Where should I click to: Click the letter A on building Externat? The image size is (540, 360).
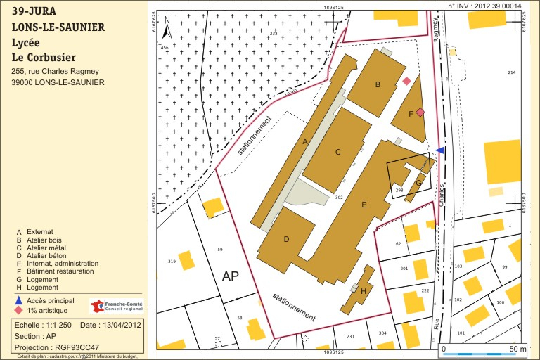pyautogui.click(x=305, y=141)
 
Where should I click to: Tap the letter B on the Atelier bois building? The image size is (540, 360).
pyautogui.click(x=378, y=85)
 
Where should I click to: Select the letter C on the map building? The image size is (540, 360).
pyautogui.click(x=337, y=152)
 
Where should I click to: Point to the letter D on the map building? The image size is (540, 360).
pyautogui.click(x=286, y=239)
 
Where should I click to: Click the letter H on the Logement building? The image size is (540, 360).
pyautogui.click(x=363, y=292)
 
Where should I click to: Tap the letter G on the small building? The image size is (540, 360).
pyautogui.click(x=418, y=183)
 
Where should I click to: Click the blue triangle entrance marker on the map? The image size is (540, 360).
pyautogui.click(x=440, y=150)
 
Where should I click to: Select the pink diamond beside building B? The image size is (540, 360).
pyautogui.click(x=406, y=82)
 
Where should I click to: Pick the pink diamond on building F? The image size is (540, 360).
pyautogui.click(x=420, y=112)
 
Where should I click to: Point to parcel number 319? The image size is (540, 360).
pyautogui.click(x=172, y=262)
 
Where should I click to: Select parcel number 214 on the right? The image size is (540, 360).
pyautogui.click(x=511, y=73)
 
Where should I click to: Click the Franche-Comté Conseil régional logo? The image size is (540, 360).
pyautogui.click(x=116, y=306)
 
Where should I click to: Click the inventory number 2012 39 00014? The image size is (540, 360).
pyautogui.click(x=496, y=6)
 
